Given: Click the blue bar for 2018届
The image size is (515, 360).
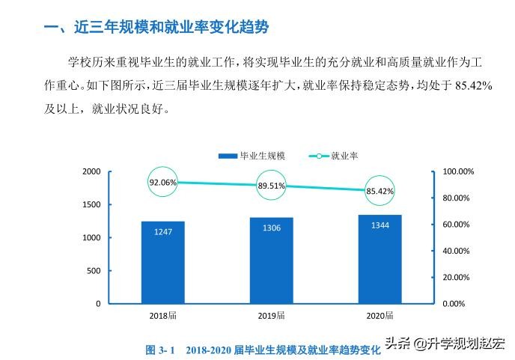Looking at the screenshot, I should tap(162, 262).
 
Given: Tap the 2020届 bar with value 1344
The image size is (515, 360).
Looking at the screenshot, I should tap(380, 259).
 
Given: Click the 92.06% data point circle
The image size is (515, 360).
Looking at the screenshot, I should tap(162, 182).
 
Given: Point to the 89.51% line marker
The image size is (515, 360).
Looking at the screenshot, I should tap(272, 186).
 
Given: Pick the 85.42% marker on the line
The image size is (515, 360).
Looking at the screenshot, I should tap(380, 191).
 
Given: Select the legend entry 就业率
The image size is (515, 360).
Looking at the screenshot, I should tap(332, 156).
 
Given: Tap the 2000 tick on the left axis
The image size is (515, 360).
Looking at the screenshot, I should tap(91, 171).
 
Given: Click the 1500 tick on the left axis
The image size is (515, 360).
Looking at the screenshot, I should tap(91, 204).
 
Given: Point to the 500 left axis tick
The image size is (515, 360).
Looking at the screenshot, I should tap(94, 271).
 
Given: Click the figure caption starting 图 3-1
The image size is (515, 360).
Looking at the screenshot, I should tap(262, 350).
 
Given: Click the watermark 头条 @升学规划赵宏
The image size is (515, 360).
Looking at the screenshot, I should tap(445, 344).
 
